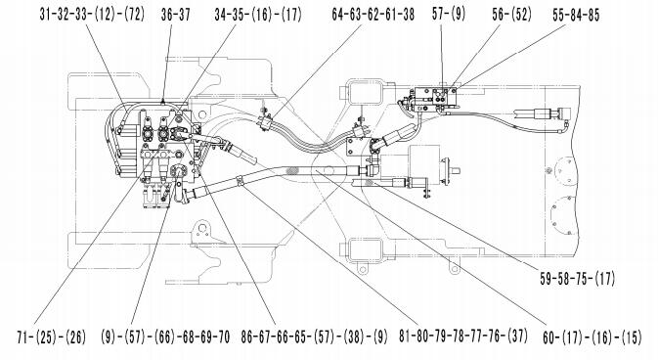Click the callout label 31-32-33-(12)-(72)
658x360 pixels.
(92, 15)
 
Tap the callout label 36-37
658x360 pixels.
(175, 15)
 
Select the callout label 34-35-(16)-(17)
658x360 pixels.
(258, 15)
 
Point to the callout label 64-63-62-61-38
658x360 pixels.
(373, 15)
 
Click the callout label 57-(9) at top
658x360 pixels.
(449, 15)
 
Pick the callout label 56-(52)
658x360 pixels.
(511, 15)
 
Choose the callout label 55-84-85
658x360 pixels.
(576, 15)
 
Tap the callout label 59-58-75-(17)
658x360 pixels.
(577, 279)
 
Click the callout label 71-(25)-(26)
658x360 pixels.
(51, 337)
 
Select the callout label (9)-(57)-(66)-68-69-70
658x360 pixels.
(165, 337)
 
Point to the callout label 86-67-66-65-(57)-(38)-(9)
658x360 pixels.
(314, 337)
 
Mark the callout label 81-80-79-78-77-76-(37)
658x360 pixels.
(462, 337)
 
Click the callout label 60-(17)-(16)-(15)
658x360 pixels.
(592, 337)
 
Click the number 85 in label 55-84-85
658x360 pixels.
(593, 15)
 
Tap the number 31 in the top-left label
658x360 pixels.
(46, 15)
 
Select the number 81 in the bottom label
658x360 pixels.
(405, 337)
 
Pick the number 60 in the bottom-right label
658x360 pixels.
(548, 337)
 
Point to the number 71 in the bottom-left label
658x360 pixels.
(23, 337)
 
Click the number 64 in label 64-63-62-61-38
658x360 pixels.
(338, 15)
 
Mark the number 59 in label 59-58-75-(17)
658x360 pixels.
(546, 279)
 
